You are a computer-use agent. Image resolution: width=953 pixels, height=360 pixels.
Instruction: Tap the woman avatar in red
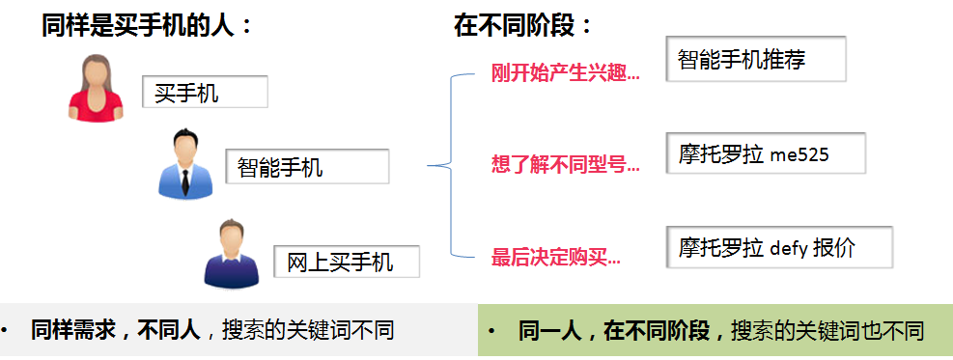click(96, 88)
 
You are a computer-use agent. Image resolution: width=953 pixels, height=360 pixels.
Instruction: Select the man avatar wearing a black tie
click(185, 164)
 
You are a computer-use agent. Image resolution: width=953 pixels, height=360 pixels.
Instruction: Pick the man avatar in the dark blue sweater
click(232, 255)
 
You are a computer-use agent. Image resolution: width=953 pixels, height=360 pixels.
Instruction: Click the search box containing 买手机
click(205, 92)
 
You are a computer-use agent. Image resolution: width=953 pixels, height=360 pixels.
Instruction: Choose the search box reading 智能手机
click(307, 166)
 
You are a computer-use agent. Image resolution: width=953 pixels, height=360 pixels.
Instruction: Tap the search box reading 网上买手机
click(347, 262)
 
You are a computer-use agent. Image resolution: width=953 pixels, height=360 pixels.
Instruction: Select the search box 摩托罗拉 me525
click(765, 153)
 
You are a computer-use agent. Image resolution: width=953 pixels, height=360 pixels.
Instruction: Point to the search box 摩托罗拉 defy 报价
click(779, 246)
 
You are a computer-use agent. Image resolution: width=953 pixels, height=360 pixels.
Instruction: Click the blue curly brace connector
click(451, 164)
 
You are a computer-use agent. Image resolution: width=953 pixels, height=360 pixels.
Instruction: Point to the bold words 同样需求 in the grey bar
click(66, 331)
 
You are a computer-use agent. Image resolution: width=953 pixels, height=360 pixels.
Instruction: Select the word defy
click(788, 248)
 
